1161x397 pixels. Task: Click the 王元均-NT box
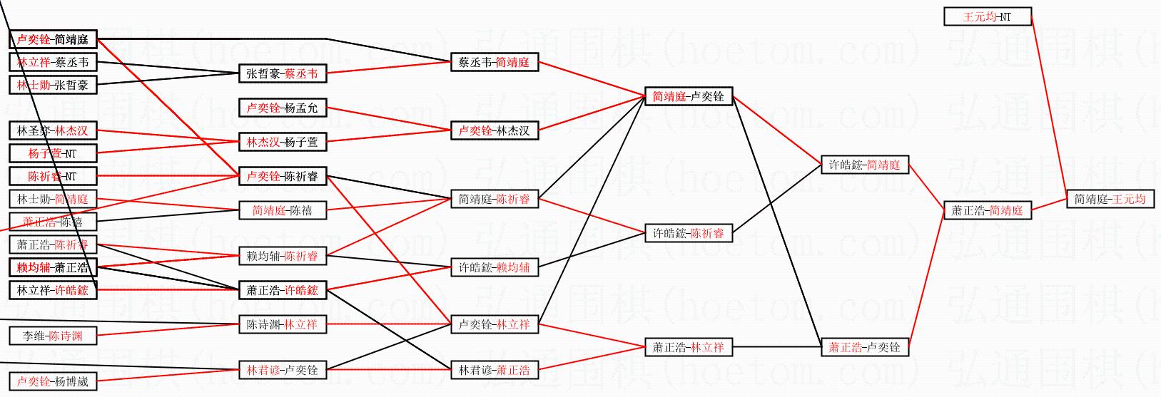point(988,16)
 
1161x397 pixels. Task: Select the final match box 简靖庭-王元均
point(1110,200)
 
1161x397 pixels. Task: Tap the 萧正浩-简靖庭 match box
point(988,210)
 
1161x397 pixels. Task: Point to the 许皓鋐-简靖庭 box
point(864,165)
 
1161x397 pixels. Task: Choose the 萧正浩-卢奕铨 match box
point(864,347)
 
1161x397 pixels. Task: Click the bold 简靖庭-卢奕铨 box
point(688,96)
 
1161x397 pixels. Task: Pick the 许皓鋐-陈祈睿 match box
point(688,233)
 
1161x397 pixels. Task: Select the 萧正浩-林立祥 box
point(688,347)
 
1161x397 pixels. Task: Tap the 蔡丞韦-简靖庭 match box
point(494,62)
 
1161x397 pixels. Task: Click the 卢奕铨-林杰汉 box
point(494,130)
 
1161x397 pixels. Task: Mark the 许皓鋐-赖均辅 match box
point(494,267)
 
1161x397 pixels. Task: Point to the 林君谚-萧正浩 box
point(494,370)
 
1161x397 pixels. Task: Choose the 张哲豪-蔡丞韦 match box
point(282,73)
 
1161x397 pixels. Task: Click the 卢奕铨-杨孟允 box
point(282,108)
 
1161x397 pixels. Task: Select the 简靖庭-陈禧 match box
point(282,210)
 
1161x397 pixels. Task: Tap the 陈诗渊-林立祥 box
point(282,324)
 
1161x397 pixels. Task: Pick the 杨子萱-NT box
point(53,153)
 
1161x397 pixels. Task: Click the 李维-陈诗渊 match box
point(53,336)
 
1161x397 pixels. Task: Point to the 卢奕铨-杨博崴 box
point(53,381)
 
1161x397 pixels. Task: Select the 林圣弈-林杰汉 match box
point(53,130)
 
